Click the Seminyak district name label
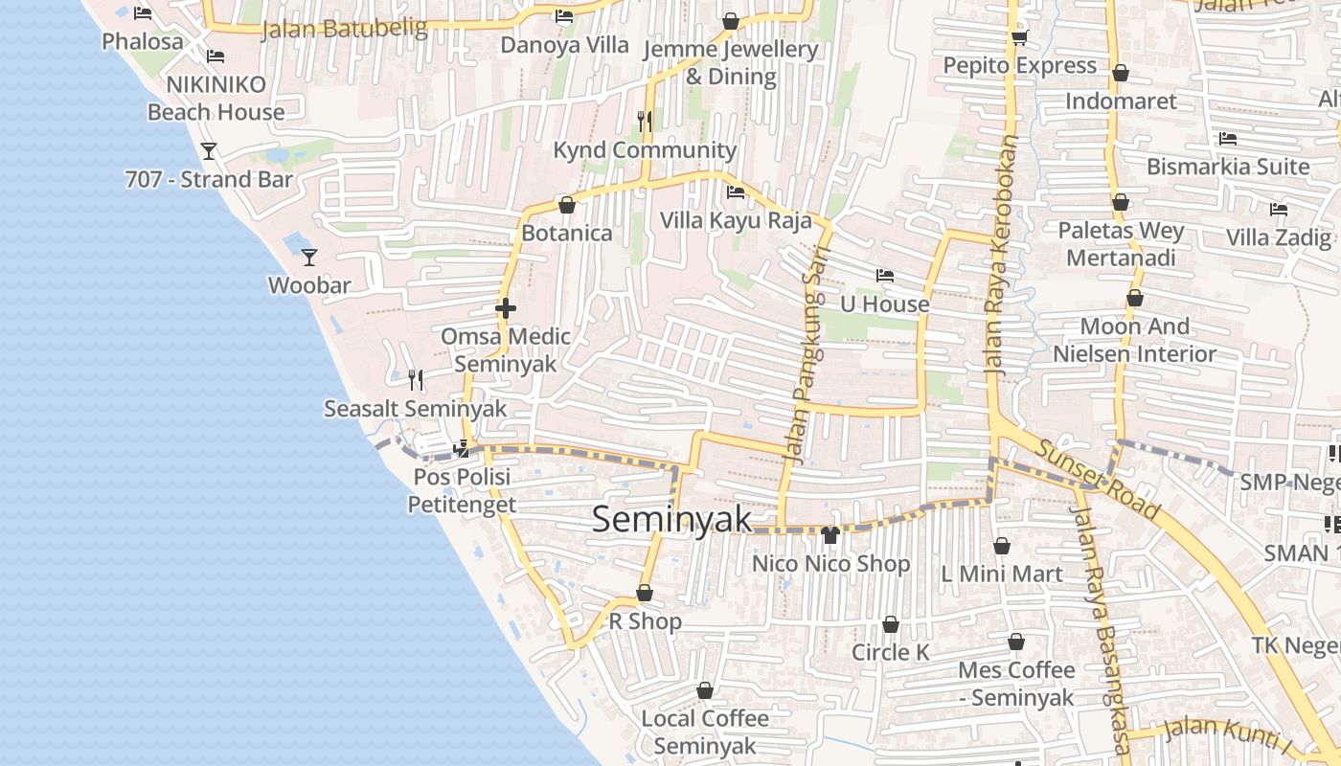671,519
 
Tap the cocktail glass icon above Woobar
309,257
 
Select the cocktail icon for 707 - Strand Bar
209,151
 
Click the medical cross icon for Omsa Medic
506,308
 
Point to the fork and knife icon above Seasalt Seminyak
416,380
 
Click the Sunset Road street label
1098,479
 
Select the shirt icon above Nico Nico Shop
830,534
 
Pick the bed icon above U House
885,276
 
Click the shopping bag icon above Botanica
567,205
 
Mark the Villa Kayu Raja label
736,221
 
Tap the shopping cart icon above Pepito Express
1019,37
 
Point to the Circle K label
891,652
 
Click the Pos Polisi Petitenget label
462,490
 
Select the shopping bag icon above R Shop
645,594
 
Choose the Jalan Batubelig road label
344,29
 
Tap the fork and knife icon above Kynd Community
645,122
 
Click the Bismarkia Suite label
1228,167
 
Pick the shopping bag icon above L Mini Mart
1002,546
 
